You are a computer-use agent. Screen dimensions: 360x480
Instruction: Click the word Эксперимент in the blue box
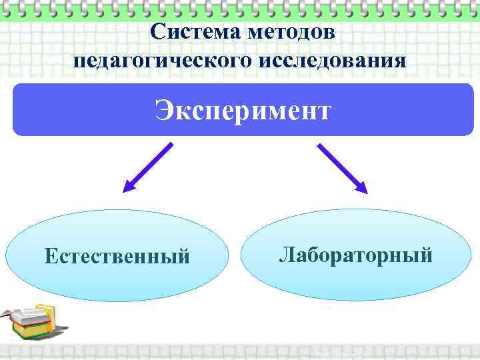click(243, 110)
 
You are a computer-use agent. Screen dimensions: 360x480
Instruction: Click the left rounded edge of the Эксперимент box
click(17, 110)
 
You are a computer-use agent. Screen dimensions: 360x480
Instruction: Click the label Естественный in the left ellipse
click(117, 256)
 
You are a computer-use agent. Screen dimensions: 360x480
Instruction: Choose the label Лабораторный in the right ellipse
click(355, 254)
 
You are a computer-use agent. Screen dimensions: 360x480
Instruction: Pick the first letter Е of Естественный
click(51, 256)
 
